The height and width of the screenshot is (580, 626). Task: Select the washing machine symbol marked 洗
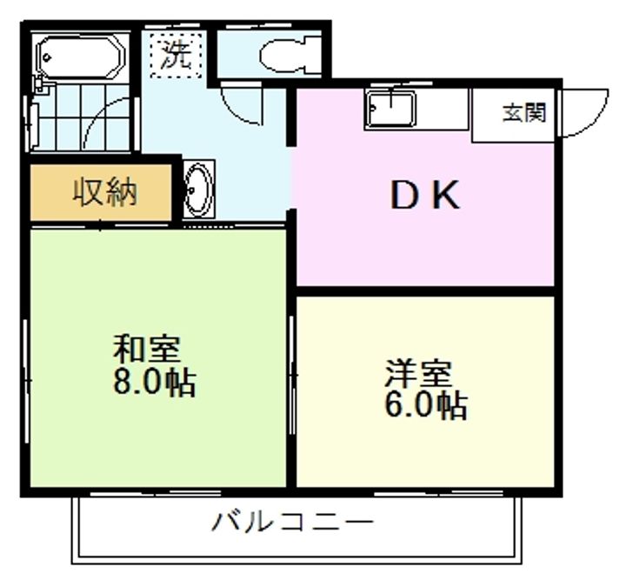[176, 54]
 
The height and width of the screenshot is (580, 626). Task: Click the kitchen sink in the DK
[390, 110]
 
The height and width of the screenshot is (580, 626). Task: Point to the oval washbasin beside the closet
[198, 188]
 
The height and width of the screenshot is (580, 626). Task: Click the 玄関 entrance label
[524, 113]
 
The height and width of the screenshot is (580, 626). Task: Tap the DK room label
[424, 197]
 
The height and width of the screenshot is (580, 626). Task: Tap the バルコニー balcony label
[293, 523]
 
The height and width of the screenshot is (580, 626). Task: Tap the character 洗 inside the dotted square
[176, 56]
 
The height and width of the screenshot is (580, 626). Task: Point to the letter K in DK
[446, 197]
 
